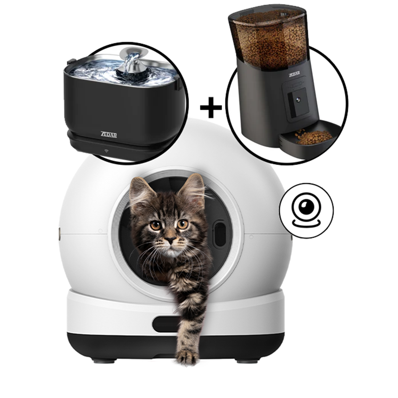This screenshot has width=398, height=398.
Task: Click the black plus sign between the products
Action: [211, 107]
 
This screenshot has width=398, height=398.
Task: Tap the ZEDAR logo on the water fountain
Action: [109, 134]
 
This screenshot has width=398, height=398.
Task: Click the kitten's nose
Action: [170, 240]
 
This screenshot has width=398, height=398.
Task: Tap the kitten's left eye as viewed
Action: [156, 226]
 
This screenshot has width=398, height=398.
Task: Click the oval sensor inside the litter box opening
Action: [220, 233]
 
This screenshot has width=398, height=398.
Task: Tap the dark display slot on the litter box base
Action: [165, 324]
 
